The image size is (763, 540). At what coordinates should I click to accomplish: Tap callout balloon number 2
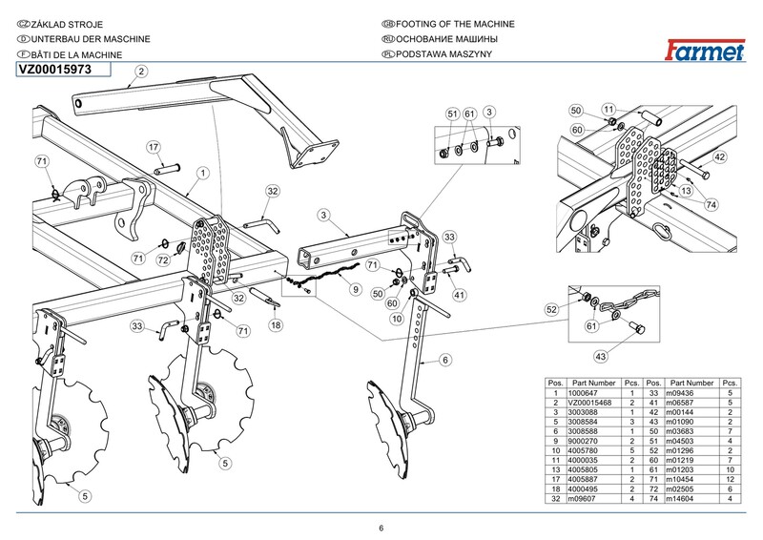pyautogui.click(x=140, y=72)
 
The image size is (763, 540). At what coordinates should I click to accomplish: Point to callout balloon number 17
pyautogui.click(x=153, y=147)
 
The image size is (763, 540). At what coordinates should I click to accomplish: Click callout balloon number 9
pyautogui.click(x=355, y=289)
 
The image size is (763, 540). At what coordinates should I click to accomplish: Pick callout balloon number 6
pyautogui.click(x=444, y=360)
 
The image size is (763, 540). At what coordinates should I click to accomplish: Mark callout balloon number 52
pyautogui.click(x=551, y=310)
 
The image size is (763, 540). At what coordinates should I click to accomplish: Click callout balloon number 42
pyautogui.click(x=720, y=157)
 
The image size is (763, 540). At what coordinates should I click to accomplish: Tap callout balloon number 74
pyautogui.click(x=710, y=205)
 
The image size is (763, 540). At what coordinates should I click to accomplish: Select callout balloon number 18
pyautogui.click(x=276, y=325)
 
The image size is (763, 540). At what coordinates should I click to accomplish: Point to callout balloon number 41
pyautogui.click(x=459, y=296)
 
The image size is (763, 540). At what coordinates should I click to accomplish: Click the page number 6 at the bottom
pyautogui.click(x=381, y=529)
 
